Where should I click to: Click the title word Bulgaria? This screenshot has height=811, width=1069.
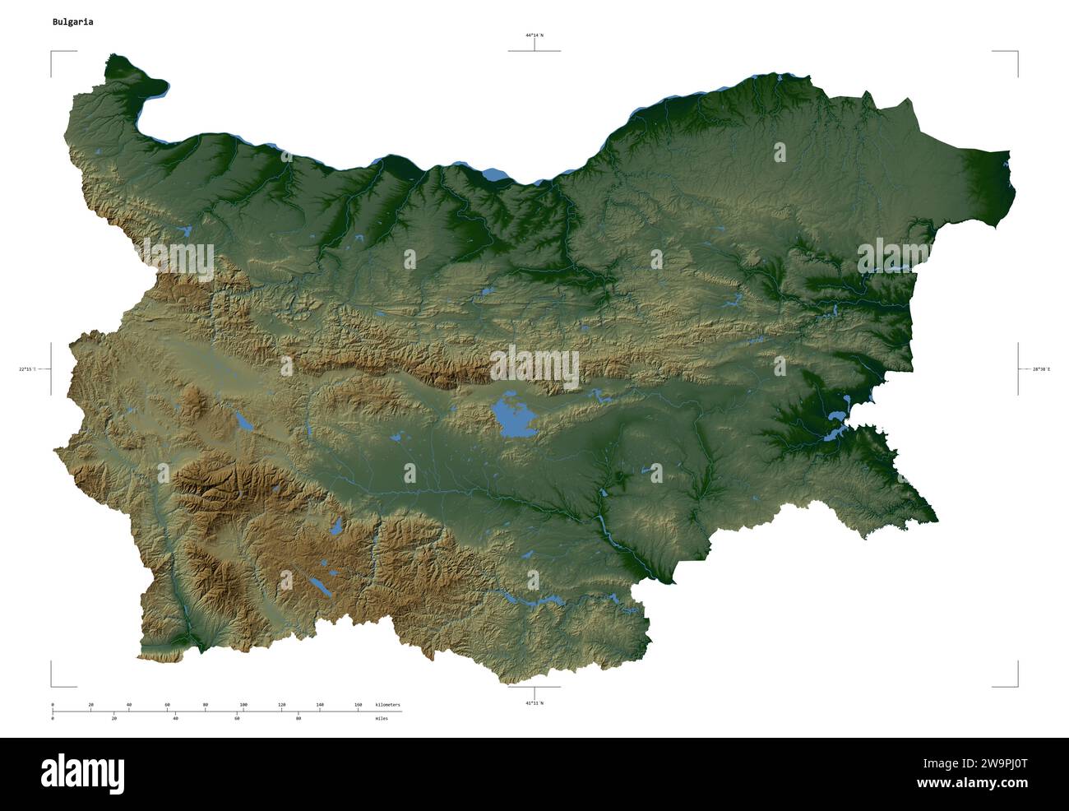(x=72, y=22)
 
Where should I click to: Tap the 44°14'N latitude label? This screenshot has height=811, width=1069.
(x=534, y=35)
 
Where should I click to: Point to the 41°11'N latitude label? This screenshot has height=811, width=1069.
(x=534, y=703)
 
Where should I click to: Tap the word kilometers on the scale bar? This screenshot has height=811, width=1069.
(x=387, y=705)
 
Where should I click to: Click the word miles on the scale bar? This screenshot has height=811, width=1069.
(x=382, y=719)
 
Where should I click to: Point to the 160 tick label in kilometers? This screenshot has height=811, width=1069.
(x=359, y=705)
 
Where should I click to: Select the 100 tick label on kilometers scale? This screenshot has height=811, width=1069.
(x=243, y=705)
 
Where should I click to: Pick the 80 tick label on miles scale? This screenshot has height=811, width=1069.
(x=298, y=719)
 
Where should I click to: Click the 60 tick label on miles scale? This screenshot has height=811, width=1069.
(x=237, y=719)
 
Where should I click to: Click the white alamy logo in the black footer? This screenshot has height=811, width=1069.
(x=82, y=773)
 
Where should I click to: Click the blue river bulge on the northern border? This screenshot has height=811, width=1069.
(x=494, y=174)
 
